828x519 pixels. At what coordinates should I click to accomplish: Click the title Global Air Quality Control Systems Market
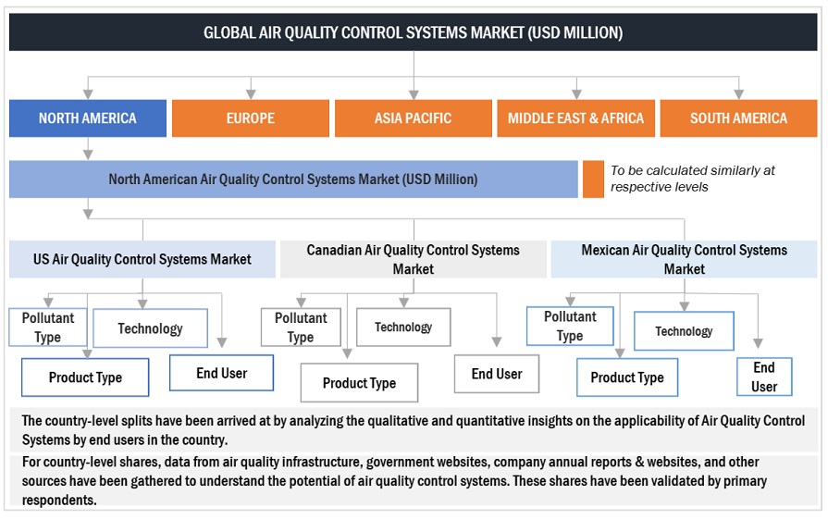(413, 32)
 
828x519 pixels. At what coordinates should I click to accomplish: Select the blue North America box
(88, 118)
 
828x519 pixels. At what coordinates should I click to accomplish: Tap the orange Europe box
(251, 118)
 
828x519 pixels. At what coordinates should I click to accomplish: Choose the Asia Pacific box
(413, 118)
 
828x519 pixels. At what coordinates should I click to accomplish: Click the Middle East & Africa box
(575, 118)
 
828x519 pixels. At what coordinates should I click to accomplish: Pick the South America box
(738, 118)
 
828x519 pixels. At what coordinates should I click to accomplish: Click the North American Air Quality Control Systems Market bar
(293, 179)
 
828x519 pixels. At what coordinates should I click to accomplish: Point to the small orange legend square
(593, 179)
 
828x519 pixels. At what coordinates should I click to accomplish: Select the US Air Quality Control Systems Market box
(142, 259)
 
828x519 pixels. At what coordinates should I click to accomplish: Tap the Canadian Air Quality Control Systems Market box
(413, 259)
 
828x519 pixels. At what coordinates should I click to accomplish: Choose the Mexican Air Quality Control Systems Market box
(684, 259)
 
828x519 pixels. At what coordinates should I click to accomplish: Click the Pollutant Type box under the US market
(48, 327)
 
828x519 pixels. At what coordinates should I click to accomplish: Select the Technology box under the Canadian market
(403, 327)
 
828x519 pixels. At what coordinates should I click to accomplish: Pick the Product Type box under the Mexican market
(627, 377)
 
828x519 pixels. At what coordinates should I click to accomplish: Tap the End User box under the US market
(221, 373)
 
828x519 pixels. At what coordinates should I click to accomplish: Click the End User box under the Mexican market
(764, 377)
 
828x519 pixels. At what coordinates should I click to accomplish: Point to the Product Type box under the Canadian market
(359, 383)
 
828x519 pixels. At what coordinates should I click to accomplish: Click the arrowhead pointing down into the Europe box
(251, 94)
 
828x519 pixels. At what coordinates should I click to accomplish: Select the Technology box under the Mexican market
(684, 331)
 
